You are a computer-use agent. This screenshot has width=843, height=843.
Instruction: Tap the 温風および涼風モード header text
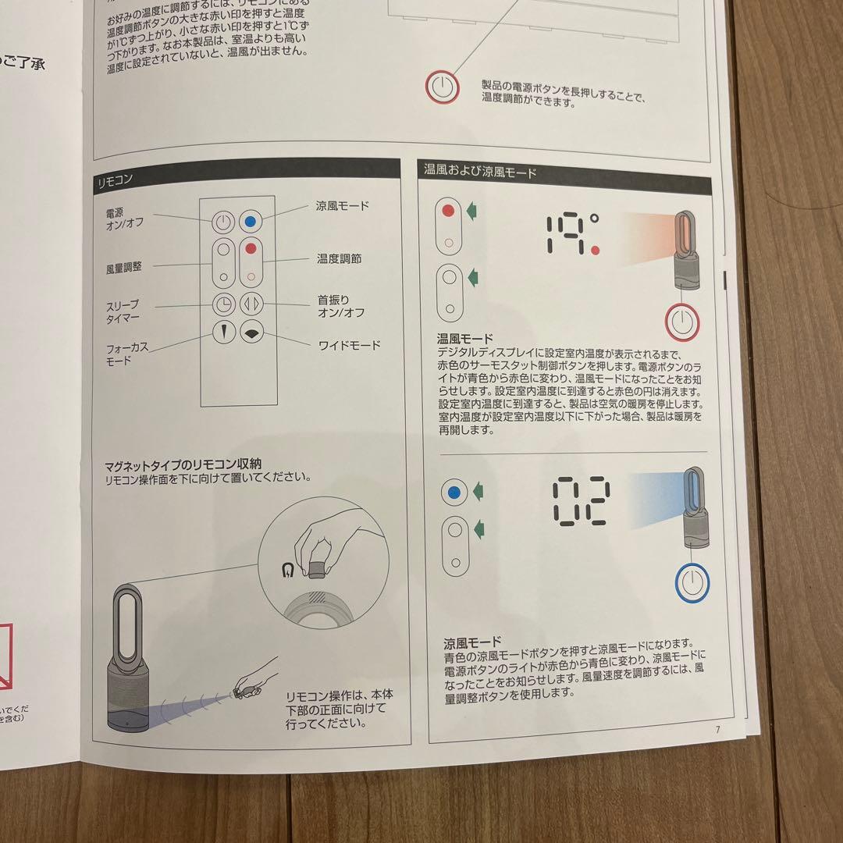click(480, 171)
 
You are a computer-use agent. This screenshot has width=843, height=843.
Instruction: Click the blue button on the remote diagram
click(251, 221)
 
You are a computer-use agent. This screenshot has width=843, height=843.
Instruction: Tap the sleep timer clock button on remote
click(223, 305)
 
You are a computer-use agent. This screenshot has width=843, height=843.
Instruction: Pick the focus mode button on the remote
click(223, 332)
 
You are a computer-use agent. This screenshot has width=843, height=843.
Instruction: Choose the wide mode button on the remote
click(251, 332)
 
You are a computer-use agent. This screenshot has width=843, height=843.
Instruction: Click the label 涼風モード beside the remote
click(343, 207)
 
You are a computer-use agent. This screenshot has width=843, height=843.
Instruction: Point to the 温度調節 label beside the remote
click(340, 258)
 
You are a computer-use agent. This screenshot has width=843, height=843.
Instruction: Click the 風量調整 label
click(124, 267)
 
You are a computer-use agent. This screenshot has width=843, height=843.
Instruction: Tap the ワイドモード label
click(349, 344)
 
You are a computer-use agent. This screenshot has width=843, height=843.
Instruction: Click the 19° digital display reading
click(572, 234)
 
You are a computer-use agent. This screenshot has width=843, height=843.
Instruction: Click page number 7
click(717, 730)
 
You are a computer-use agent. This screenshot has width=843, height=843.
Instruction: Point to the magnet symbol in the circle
click(290, 571)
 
